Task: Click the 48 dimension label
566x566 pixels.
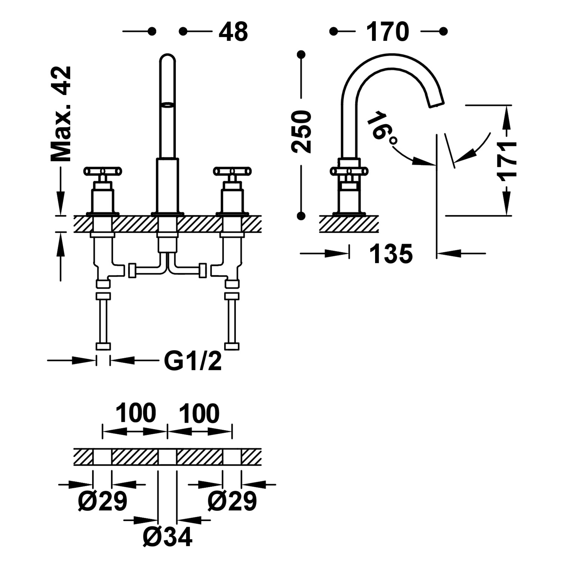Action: coord(233,32)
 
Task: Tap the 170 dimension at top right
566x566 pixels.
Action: coord(388,32)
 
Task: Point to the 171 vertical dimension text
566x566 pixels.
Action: coord(507,161)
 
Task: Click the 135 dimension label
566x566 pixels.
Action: coord(391,254)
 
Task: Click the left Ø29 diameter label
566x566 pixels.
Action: coord(103,501)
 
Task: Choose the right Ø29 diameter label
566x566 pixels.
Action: coord(232,501)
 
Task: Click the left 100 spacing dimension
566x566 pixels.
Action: coord(135,413)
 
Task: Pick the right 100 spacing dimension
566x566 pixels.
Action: coord(199,413)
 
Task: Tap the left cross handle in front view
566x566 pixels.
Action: coord(103,172)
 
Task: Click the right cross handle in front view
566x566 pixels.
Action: coord(232,172)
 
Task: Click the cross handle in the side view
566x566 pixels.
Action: coord(349,172)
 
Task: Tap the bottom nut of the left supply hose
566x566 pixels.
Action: coord(103,346)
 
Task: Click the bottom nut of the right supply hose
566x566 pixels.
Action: coord(232,346)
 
